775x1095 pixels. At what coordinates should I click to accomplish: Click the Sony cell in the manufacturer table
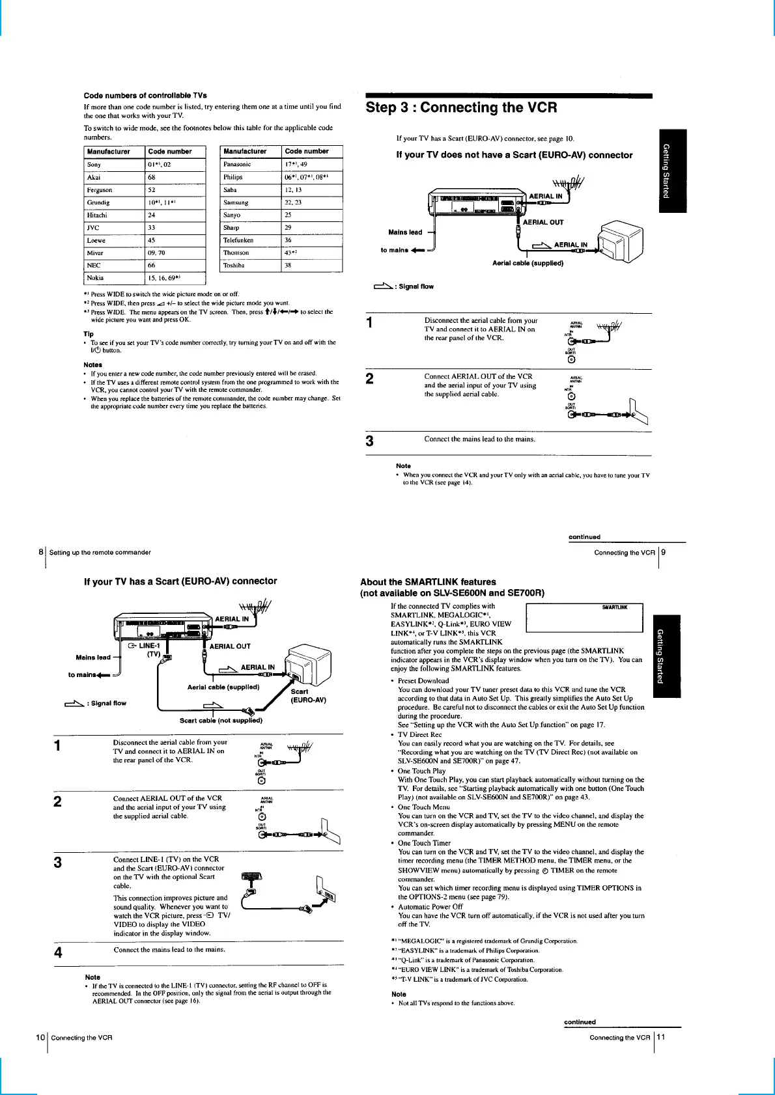[94, 165]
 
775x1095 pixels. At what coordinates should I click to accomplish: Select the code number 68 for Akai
[152, 177]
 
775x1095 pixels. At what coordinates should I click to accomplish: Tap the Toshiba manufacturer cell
[234, 266]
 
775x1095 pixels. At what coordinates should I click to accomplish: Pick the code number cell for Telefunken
[289, 240]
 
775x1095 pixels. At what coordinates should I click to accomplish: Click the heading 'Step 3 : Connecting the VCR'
[461, 108]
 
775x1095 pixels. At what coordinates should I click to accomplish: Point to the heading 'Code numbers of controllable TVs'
[145, 96]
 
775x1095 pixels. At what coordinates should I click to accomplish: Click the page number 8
[41, 552]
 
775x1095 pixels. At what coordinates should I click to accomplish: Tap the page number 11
[661, 1037]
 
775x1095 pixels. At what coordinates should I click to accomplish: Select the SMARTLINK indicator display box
[584, 617]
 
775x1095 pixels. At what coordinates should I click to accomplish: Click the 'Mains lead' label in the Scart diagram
[93, 658]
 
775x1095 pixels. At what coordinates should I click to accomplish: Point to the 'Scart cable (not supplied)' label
[221, 721]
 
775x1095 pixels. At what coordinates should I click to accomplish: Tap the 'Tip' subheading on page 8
[89, 334]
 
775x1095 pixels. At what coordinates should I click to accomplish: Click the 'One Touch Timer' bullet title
[424, 843]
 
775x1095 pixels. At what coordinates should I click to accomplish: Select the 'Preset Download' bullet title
[423, 680]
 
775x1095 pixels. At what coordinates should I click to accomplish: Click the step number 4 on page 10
[59, 952]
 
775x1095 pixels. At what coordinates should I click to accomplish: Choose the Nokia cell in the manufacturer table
[95, 278]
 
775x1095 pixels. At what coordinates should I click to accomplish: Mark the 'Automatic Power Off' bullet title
[430, 906]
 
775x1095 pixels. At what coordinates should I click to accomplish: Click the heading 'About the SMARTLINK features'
[428, 582]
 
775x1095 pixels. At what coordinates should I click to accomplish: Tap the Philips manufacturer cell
[232, 177]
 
